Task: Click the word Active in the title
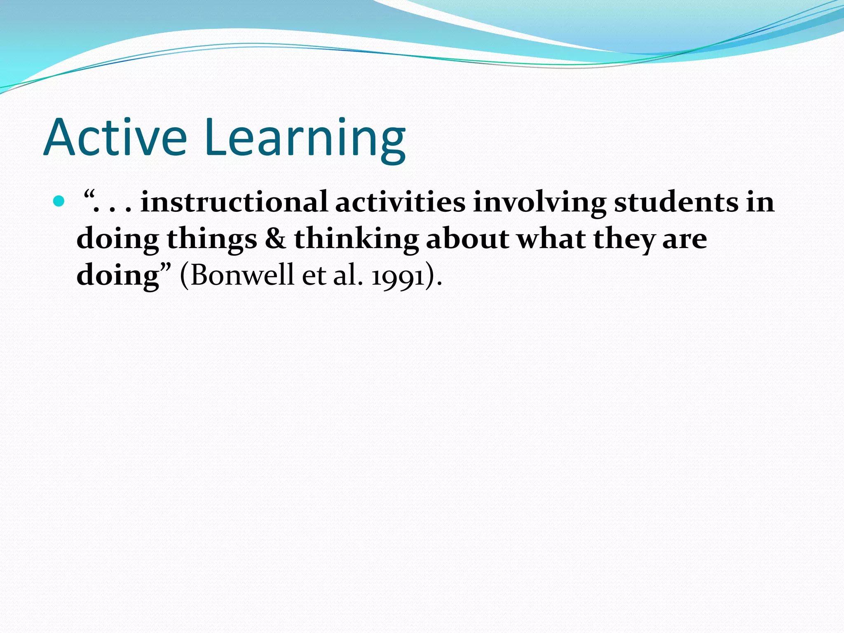115,138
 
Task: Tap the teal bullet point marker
59,202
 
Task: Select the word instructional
234,202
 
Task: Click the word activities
400,202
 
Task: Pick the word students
676,202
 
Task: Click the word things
212,239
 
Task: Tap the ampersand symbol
275,239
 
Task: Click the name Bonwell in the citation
242,275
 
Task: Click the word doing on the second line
118,239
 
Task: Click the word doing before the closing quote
118,276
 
